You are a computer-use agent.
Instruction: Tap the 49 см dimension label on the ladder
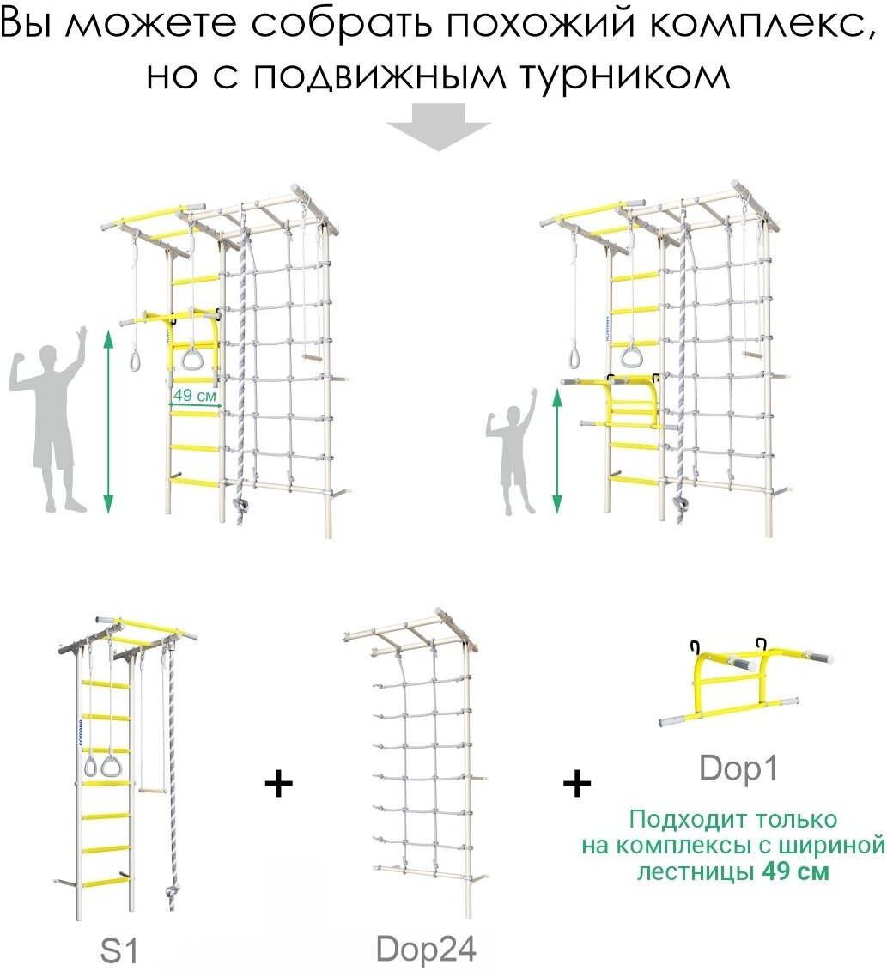[194, 396]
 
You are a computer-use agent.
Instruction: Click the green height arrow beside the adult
[108, 421]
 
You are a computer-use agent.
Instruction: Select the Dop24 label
[426, 948]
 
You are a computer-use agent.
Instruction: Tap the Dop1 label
[739, 768]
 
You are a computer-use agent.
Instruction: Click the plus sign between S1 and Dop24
[278, 784]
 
